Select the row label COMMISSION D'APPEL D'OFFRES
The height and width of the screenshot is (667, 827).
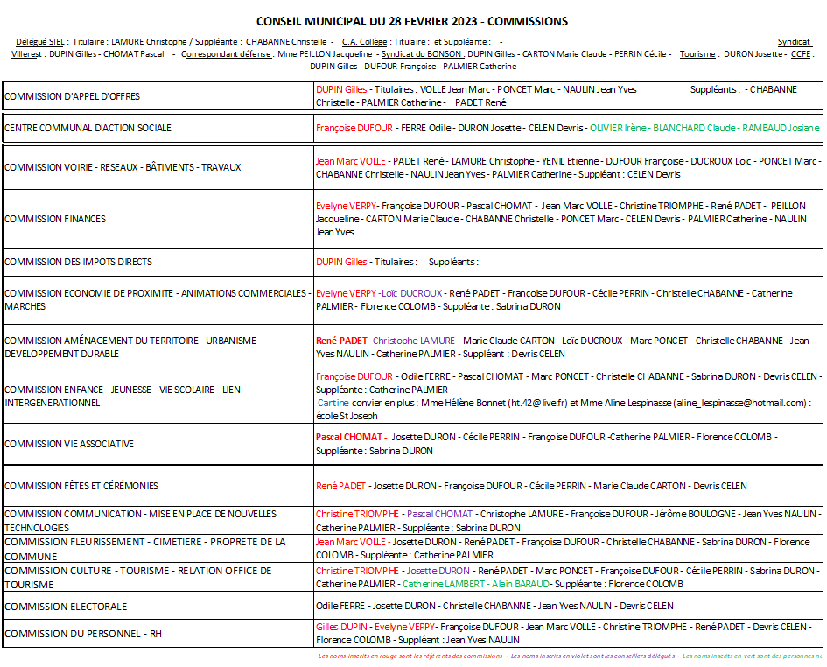(x=72, y=96)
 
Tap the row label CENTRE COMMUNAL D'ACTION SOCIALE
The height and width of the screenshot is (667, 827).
(x=88, y=128)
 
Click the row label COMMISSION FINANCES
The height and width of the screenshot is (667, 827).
(x=55, y=219)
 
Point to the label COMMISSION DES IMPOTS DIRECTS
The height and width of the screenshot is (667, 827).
(x=78, y=262)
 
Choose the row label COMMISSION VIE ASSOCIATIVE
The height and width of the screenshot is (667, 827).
(x=69, y=444)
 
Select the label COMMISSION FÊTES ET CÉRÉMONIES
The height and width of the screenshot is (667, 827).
(x=81, y=486)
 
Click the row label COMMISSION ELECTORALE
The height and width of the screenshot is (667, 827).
(x=66, y=607)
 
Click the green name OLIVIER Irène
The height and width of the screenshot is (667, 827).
(x=618, y=128)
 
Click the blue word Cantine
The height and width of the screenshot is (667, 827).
(x=333, y=403)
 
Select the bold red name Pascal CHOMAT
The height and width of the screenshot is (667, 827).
(x=349, y=437)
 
